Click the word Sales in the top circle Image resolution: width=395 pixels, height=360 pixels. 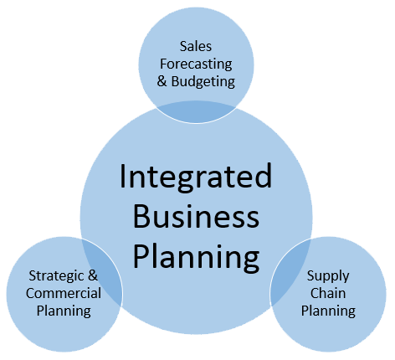196,46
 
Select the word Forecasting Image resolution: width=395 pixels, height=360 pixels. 196,64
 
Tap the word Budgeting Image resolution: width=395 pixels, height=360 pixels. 203,82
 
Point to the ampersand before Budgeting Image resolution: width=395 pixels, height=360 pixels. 162,81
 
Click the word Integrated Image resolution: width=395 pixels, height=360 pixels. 196,177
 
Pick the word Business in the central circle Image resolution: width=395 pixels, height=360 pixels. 196,216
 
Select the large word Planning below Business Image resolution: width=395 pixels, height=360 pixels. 196,257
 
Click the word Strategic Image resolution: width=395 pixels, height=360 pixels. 56,276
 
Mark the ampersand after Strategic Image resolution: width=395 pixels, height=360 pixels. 93,275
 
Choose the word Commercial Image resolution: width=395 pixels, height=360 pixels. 64,293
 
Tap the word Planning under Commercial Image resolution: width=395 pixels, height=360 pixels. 64,311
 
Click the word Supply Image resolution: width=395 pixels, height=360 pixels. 328,276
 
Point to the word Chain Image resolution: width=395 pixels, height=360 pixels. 328,293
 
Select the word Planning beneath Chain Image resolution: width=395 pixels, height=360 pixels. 328,311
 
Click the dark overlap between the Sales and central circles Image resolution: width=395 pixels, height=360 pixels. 196,112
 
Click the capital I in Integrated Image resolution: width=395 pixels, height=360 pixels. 123,177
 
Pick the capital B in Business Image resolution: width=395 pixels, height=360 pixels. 141,216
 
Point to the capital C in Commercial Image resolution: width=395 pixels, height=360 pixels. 30,293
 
